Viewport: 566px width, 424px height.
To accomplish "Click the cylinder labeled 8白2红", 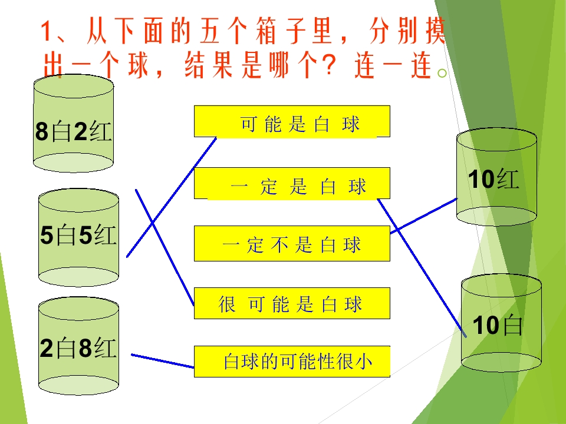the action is point(73,123).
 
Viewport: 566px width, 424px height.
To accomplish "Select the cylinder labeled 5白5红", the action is point(78,237).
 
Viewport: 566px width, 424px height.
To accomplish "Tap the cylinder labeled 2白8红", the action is point(78,346).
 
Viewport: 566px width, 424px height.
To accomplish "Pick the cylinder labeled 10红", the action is point(496,177).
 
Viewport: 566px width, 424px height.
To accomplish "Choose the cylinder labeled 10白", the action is point(501,323).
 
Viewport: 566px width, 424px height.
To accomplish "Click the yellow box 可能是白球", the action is point(292,121).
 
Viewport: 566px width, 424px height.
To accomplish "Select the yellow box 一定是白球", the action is point(292,183).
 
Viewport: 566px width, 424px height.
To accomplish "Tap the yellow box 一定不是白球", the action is point(292,243).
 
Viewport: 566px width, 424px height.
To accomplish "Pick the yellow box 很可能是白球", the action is point(292,303).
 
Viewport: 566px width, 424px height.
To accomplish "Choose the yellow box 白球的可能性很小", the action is point(292,362).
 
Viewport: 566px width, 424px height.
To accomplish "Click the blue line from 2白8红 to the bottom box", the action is point(163,361).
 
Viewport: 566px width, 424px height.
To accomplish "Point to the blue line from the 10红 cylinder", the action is point(424,216).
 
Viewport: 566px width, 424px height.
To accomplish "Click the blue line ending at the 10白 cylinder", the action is point(422,268).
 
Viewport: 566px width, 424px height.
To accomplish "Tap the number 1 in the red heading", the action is point(45,32).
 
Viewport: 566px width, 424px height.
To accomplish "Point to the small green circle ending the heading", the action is point(442,73).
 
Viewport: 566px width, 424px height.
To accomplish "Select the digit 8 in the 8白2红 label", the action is point(42,131).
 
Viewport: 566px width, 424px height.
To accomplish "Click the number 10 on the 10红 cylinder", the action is point(481,179).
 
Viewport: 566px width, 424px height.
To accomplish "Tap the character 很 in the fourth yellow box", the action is point(227,304).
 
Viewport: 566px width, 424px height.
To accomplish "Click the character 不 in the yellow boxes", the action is point(279,244).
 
